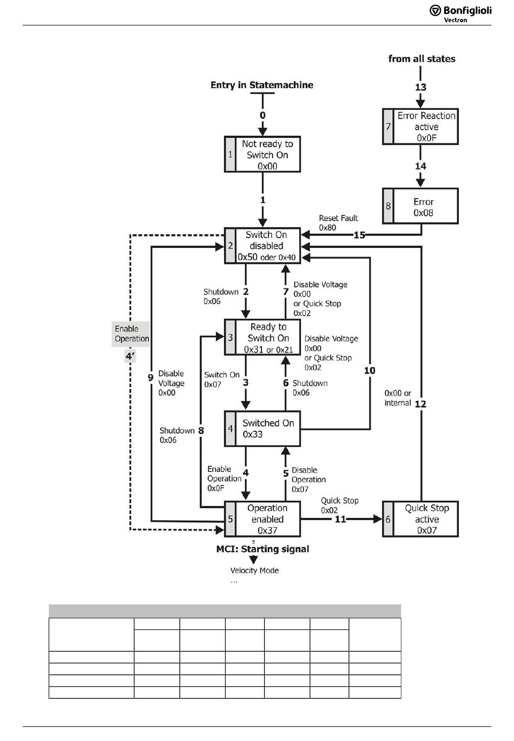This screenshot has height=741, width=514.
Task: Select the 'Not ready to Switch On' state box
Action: point(262,154)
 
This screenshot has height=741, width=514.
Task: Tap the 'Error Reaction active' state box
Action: point(420,126)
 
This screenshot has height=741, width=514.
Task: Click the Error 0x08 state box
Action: point(420,206)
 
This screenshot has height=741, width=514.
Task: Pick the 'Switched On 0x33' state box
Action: point(262,429)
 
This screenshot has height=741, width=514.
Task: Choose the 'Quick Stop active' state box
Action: point(420,519)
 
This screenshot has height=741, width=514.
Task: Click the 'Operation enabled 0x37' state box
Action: point(262,519)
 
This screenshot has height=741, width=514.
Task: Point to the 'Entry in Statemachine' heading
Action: point(262,85)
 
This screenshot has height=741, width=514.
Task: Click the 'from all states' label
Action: point(421,58)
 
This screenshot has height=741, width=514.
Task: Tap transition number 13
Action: point(420,87)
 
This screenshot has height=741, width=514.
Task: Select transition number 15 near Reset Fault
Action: point(360,235)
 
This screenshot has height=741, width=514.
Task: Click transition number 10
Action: point(370,370)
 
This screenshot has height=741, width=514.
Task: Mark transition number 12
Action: point(420,404)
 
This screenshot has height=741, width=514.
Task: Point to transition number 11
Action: point(340,519)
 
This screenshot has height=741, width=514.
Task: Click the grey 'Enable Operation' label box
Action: point(130,334)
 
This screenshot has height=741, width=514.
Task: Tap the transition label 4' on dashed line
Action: point(130,356)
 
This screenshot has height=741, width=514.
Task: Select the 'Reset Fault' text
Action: point(338,218)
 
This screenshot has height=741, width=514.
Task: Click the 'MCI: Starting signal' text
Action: point(262,549)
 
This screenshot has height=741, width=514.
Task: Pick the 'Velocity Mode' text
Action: point(254,570)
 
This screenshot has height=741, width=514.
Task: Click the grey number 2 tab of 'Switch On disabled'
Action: point(230,245)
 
